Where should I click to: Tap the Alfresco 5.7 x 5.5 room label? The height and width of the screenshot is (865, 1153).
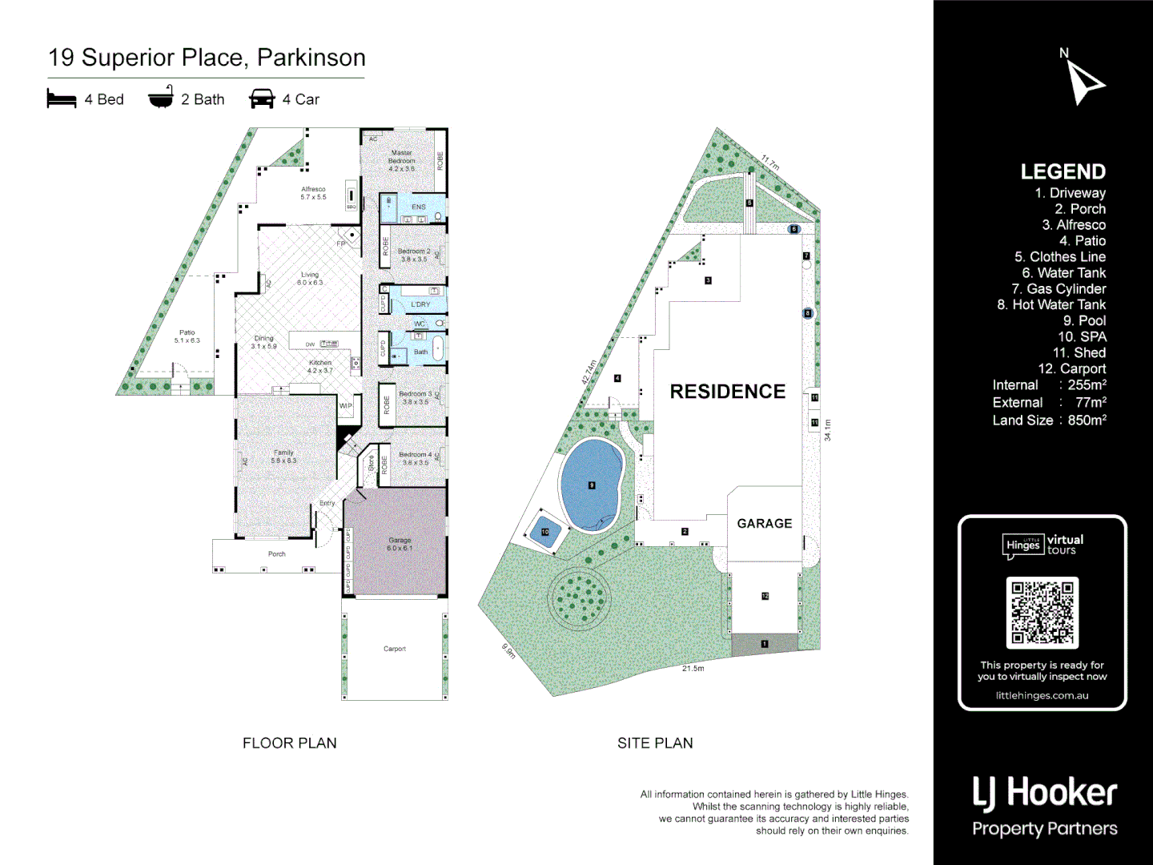[313, 193]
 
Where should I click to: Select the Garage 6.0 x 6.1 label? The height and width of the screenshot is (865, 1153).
[400, 544]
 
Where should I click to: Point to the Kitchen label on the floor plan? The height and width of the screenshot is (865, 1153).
[320, 367]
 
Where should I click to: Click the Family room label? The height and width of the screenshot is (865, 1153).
[283, 457]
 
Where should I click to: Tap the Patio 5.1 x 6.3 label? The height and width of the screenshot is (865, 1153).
[187, 336]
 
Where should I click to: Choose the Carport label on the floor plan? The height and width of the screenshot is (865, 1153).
[395, 649]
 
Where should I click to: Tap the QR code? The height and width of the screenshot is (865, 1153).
[1043, 613]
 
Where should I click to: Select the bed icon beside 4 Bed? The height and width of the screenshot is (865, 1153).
[62, 99]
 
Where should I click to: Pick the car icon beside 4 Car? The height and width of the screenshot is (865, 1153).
[262, 99]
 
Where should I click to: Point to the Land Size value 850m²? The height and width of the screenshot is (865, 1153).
[1087, 420]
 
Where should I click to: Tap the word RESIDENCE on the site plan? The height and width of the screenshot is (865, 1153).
[727, 392]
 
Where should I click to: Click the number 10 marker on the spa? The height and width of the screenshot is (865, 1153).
[545, 532]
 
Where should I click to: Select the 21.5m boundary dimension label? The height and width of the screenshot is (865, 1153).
[693, 668]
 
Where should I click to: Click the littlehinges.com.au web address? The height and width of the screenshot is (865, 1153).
[1042, 695]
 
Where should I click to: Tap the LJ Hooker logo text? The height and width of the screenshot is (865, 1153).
[1044, 793]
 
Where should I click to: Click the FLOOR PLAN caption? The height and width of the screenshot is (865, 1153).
[290, 743]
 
